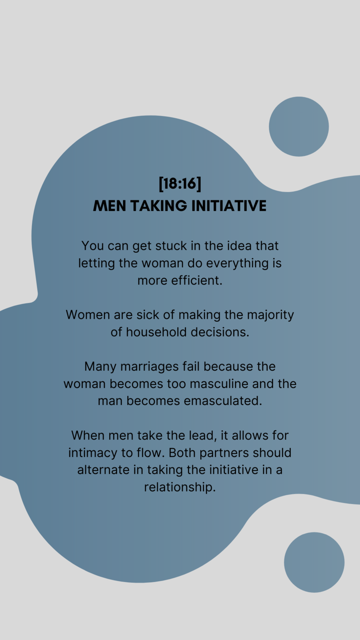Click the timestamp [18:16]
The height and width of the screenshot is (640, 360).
(180, 184)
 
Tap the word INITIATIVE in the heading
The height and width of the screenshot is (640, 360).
(229, 206)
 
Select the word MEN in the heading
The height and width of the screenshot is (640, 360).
(109, 206)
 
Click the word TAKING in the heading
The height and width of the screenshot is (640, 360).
(159, 206)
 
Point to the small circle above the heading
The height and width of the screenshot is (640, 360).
(299, 127)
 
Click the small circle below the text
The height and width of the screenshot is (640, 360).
(314, 562)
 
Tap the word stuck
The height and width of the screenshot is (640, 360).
(171, 246)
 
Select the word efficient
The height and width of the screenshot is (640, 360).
(196, 280)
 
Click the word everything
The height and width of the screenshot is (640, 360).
(237, 264)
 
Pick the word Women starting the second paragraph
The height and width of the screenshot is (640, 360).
(88, 315)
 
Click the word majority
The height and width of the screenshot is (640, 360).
(270, 315)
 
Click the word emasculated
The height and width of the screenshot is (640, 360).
(223, 401)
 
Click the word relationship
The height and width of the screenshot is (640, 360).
(180, 488)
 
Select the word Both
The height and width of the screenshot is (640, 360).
(182, 453)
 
